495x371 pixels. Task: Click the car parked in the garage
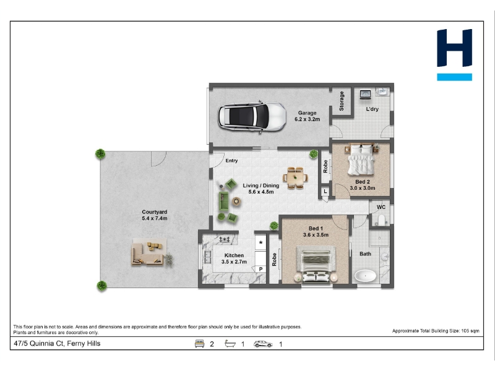[252, 116]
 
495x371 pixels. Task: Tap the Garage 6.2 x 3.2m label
[307, 116]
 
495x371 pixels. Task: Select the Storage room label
[342, 101]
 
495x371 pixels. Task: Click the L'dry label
[372, 109]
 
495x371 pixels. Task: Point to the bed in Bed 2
[361, 160]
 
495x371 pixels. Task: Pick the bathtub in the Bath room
[366, 276]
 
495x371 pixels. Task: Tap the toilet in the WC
[381, 220]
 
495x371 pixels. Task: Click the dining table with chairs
[295, 178]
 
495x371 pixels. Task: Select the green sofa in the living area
[224, 202]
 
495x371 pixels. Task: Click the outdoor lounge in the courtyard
[148, 252]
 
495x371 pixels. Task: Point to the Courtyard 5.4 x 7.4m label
[154, 215]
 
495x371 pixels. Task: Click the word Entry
[231, 161]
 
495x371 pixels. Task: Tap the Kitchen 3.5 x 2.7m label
[234, 258]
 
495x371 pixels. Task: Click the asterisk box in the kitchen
[260, 242]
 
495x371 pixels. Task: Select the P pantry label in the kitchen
[260, 269]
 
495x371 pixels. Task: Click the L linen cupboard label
[325, 192]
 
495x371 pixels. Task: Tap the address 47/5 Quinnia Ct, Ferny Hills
[57, 344]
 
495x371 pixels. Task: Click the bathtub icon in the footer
[230, 344]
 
